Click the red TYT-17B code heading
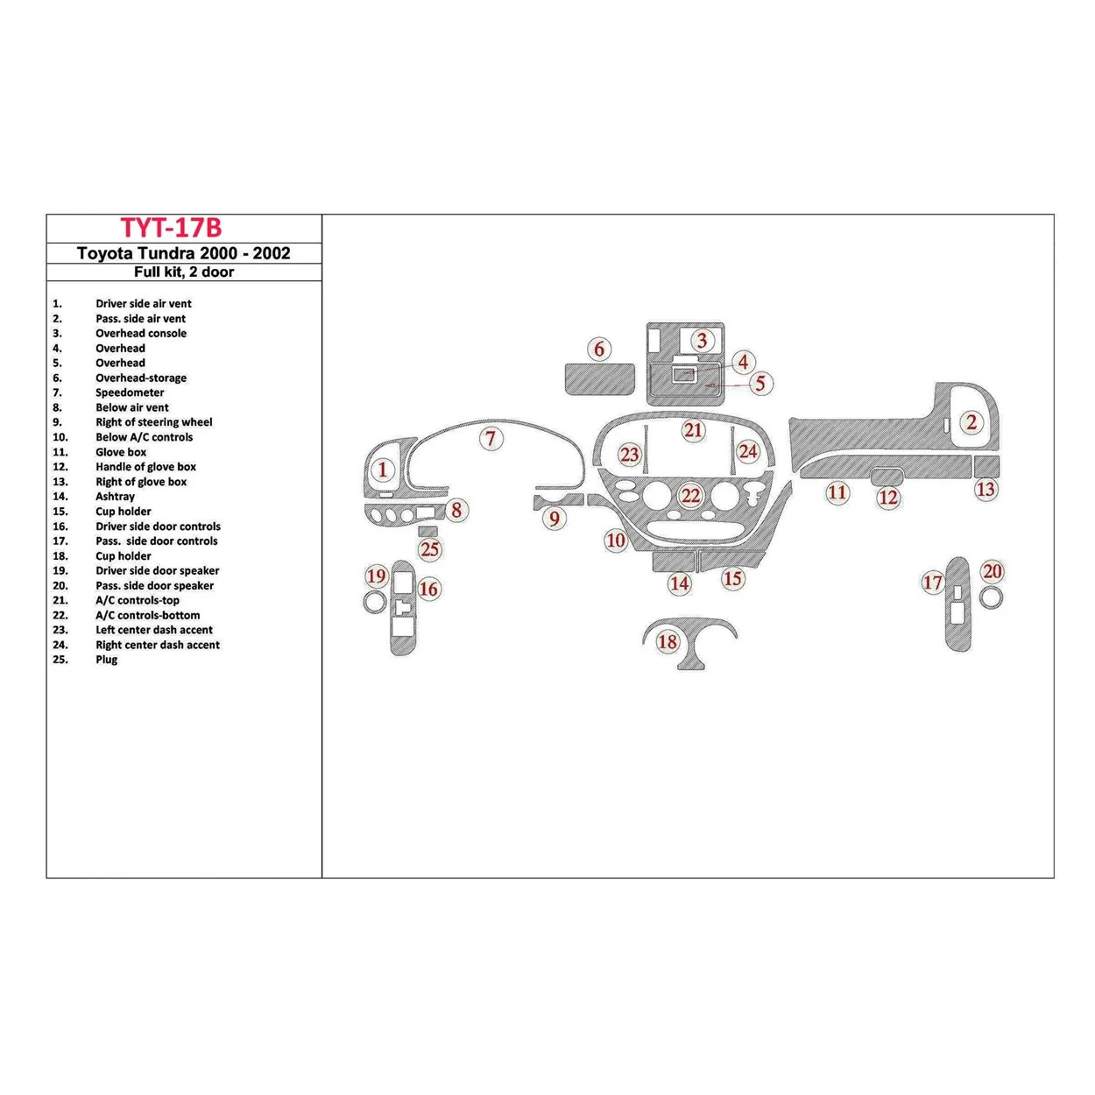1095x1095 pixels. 171,228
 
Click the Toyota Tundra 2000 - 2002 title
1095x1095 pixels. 183,253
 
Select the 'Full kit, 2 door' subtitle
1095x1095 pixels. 183,272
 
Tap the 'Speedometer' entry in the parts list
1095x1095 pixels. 130,392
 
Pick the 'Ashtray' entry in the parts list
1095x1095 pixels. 115,497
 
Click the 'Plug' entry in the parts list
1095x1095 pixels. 106,660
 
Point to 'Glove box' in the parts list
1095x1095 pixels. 121,452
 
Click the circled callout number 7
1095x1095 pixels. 491,439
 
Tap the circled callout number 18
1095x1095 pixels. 668,642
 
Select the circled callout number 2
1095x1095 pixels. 971,422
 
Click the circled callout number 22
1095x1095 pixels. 690,496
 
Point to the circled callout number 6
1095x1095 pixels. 599,349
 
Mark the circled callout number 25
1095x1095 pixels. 429,550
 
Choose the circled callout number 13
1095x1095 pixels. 985,489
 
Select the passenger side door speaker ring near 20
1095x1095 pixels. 992,597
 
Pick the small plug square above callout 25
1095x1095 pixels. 427,531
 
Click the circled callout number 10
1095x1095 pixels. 616,540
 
